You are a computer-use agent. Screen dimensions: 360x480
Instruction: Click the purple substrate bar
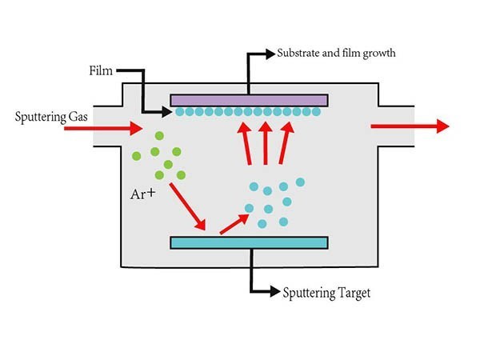249,99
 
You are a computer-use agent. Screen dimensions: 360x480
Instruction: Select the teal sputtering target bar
249,242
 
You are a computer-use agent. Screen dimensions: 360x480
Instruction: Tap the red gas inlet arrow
113,126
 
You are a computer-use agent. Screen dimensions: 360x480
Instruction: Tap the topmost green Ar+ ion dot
159,137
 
